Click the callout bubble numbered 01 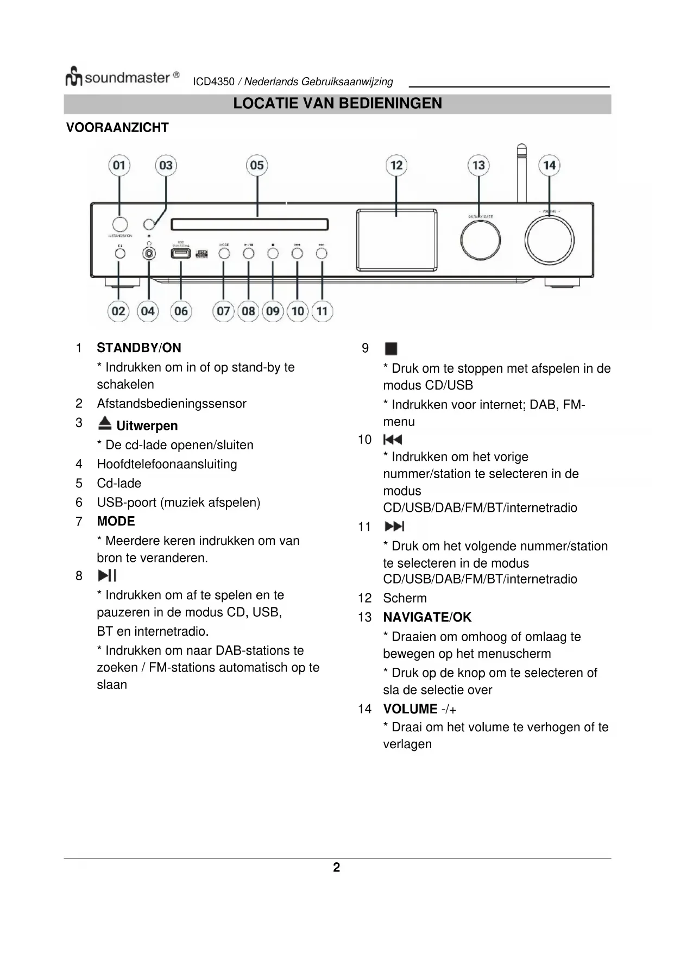[x=119, y=165]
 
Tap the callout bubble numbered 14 [x=549, y=165]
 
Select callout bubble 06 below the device [x=181, y=311]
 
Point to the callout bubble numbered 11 [x=322, y=311]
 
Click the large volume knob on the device [x=549, y=240]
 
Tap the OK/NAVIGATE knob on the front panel [x=480, y=240]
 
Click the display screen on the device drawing [x=396, y=240]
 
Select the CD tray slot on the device [x=250, y=224]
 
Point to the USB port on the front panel [x=181, y=253]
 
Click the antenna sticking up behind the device [x=521, y=171]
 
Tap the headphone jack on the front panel [x=149, y=253]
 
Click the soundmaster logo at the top [x=123, y=78]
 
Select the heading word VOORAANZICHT [x=117, y=128]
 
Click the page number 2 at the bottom [x=337, y=867]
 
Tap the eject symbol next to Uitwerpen [x=105, y=423]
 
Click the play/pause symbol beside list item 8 [x=107, y=576]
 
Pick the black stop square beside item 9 [x=390, y=348]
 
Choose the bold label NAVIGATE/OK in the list [x=427, y=617]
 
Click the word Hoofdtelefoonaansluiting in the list [x=167, y=464]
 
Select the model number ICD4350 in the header [x=213, y=82]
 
